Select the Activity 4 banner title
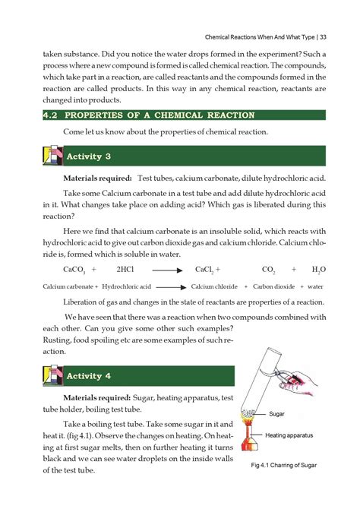90,376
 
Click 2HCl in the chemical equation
125,270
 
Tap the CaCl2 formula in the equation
206,270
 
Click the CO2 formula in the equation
268,270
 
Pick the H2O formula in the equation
318,270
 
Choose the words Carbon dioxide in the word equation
274,287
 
